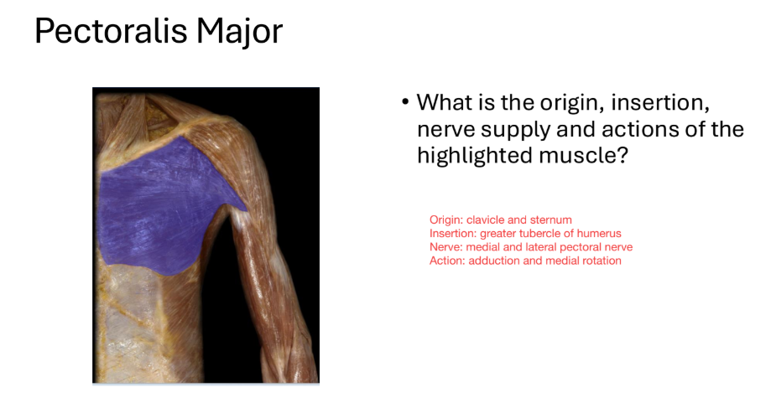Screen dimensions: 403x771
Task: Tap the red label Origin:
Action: [x=446, y=220]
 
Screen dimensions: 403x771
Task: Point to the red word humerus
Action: [x=600, y=234]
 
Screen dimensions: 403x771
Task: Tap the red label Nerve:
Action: [x=445, y=247]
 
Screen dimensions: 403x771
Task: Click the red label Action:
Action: [x=446, y=261]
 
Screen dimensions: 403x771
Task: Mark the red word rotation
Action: [x=602, y=261]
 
